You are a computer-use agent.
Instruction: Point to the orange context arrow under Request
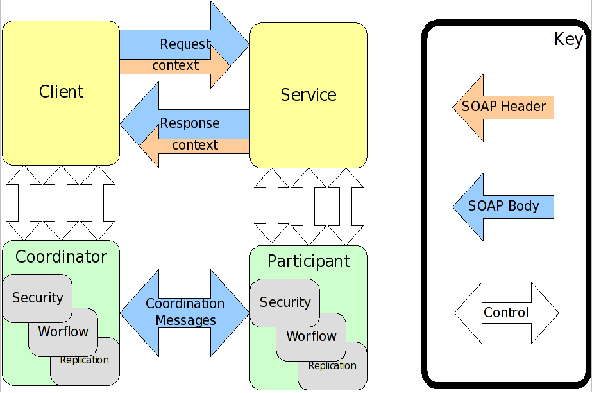click(x=174, y=66)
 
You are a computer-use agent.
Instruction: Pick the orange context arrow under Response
click(x=194, y=146)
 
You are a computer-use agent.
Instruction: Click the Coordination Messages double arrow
click(x=185, y=313)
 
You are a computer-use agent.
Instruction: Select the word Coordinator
click(x=61, y=258)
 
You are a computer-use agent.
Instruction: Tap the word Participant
click(x=309, y=261)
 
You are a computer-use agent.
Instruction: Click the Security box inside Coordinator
click(x=37, y=298)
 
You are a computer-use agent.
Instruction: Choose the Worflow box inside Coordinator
click(x=63, y=332)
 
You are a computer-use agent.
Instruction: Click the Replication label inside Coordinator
click(x=84, y=360)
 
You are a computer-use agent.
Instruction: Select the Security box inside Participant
click(x=285, y=302)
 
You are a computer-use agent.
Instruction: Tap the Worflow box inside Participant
click(x=311, y=336)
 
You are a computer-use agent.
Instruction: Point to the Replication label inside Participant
click(x=332, y=366)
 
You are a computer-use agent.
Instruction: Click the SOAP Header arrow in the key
click(x=503, y=107)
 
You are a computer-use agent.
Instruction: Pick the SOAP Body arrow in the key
click(x=503, y=207)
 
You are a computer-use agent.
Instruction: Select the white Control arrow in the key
click(x=506, y=313)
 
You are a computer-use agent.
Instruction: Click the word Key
click(x=568, y=40)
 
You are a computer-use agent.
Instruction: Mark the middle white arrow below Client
click(x=62, y=202)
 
